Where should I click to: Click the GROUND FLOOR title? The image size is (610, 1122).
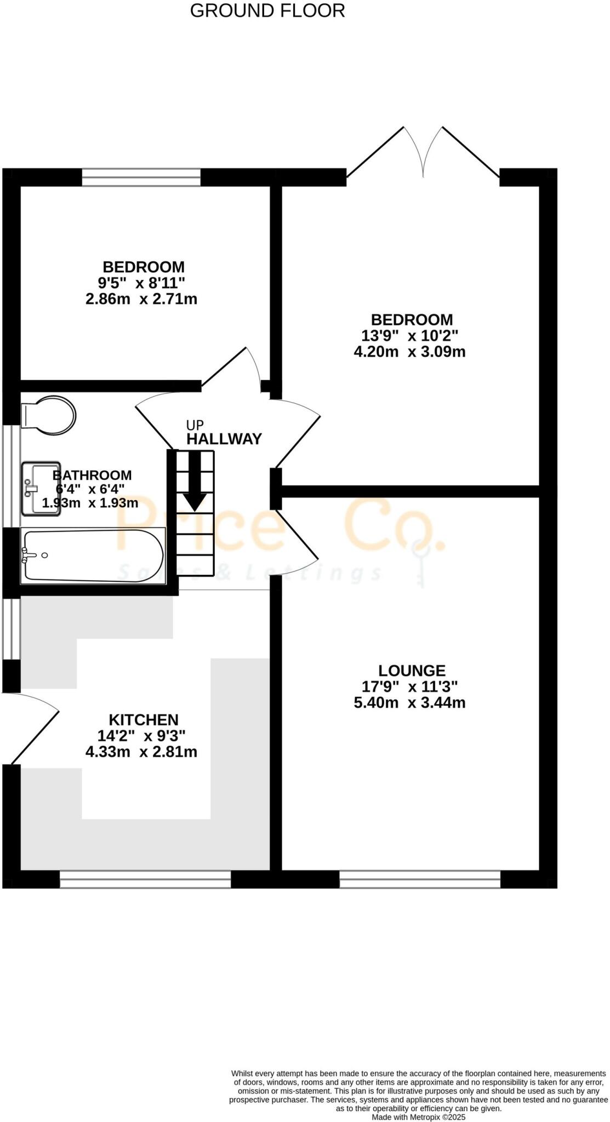coord(267,10)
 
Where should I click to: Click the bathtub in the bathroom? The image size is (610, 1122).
coord(92,555)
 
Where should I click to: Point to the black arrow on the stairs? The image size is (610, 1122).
coord(195,481)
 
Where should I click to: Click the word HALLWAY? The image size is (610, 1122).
coord(224,439)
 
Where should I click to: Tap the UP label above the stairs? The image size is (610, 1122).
coord(195,425)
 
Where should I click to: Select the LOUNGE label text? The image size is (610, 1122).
coord(412,670)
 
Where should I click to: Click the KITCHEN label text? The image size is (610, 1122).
coord(144,719)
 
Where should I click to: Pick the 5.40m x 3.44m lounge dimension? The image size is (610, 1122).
coord(409,702)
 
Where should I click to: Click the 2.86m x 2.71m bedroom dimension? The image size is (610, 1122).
coord(141,299)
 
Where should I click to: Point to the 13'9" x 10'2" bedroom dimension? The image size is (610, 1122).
coord(409,335)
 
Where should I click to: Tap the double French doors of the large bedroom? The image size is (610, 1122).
coord(423,153)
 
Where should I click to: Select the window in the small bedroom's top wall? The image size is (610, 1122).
coord(141,178)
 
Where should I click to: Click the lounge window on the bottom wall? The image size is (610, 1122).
coord(420,1043)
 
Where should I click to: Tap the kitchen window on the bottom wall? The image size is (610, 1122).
coord(145,1043)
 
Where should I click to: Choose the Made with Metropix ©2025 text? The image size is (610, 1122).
coord(419,1117)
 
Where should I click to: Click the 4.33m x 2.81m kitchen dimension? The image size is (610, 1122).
coord(141,752)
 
